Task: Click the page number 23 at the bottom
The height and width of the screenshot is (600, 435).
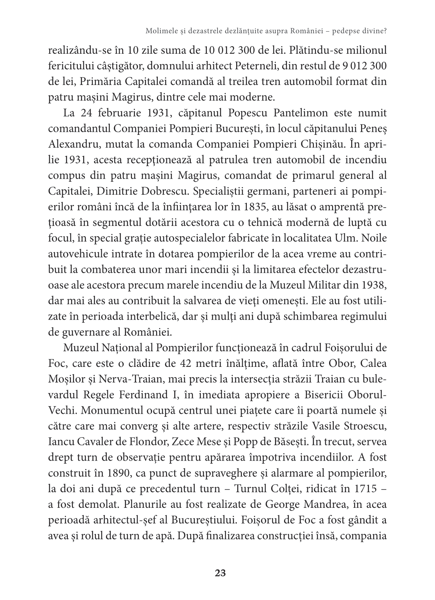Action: [221, 573]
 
